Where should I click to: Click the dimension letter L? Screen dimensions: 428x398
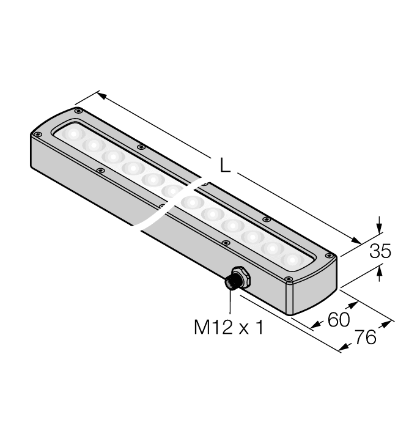pos(226,166)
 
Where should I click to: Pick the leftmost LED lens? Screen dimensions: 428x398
pos(74,133)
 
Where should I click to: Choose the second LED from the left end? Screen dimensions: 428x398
pos(94,145)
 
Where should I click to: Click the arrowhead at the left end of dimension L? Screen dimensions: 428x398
pos(101,96)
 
